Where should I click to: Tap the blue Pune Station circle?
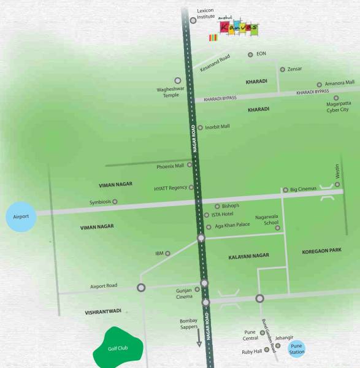297,349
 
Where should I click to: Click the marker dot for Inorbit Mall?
200,128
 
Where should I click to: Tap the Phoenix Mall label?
170,166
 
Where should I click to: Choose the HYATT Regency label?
170,188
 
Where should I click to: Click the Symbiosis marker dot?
114,201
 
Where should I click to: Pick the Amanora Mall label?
340,82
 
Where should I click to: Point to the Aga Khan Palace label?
232,225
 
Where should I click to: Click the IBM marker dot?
167,253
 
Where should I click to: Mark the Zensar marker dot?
282,69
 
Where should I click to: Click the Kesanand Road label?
215,63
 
